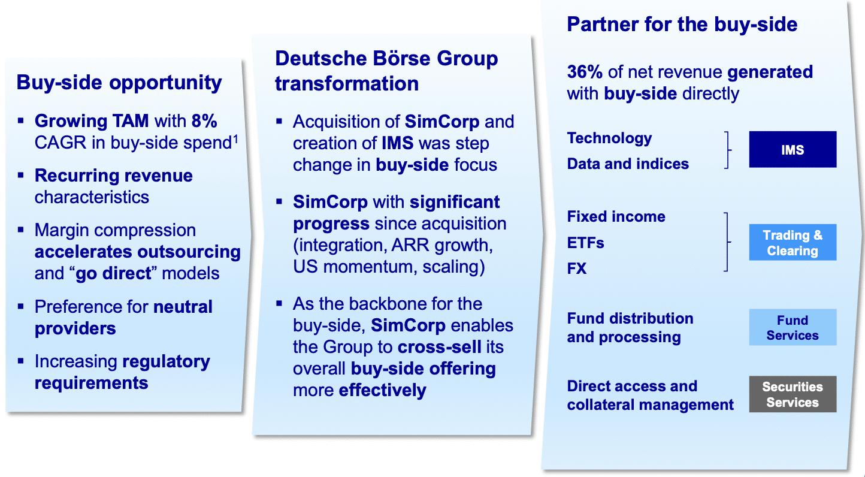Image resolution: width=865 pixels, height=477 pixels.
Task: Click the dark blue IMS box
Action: [x=793, y=149]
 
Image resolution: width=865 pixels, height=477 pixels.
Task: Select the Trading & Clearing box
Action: [x=793, y=242]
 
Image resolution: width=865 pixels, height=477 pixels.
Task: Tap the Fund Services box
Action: [x=793, y=327]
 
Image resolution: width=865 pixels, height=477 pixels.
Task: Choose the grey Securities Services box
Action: [x=793, y=394]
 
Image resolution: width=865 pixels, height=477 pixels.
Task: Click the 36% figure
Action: [x=585, y=72]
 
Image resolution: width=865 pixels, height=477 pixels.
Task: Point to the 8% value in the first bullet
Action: [x=204, y=121]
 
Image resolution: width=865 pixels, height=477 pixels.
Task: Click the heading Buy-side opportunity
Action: [x=119, y=82]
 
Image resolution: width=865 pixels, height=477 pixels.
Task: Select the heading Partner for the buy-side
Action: [x=682, y=24]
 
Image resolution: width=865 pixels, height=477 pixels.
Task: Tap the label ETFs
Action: [x=585, y=243]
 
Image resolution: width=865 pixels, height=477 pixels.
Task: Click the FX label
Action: [x=576, y=268]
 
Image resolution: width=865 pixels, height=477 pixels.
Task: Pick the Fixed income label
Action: [x=616, y=217]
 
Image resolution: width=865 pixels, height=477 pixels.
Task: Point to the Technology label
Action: [x=609, y=138]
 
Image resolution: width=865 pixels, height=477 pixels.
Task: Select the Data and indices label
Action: [x=628, y=164]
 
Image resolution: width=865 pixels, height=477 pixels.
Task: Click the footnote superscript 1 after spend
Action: [x=235, y=138]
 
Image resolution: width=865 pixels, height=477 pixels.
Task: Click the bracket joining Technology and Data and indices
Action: [x=728, y=150]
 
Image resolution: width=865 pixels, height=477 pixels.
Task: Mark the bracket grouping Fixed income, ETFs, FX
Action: [x=728, y=242]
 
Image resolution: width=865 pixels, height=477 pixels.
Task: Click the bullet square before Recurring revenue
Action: [x=21, y=176]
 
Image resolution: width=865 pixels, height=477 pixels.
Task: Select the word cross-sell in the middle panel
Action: [x=440, y=347]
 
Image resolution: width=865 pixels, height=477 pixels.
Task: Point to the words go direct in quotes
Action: [x=113, y=273]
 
